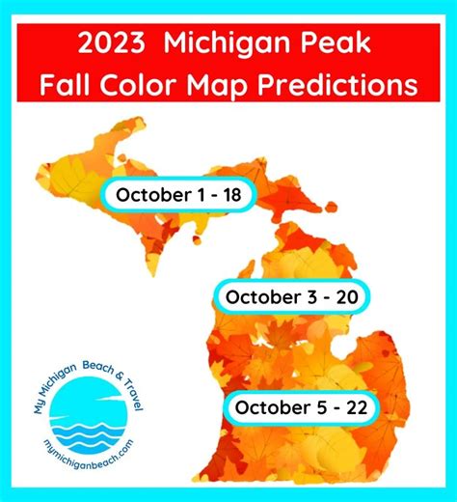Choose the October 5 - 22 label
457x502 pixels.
click(299, 408)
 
